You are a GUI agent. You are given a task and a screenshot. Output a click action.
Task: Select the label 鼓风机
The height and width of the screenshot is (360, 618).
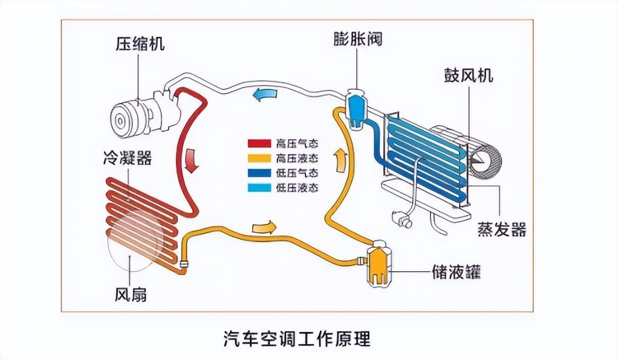pos(468,76)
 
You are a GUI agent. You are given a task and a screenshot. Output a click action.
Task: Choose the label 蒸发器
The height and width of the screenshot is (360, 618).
pos(502,229)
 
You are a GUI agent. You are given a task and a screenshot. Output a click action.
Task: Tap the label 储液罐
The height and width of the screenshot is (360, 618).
pos(459,272)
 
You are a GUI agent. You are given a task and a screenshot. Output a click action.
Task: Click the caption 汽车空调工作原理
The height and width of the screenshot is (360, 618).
pos(297,338)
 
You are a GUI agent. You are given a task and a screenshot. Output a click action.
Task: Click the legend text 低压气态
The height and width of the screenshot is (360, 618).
pos(298,173)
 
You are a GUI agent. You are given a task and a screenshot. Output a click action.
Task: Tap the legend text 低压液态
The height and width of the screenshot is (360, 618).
pos(298,188)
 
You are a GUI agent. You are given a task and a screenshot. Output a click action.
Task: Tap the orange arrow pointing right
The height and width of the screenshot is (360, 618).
pos(263,226)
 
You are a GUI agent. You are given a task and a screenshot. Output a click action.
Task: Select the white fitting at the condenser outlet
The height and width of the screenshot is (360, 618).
pos(185,263)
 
